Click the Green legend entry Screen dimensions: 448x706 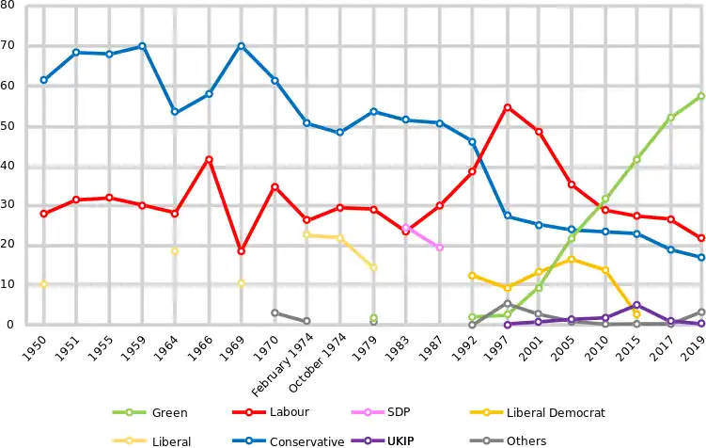tap(169, 412)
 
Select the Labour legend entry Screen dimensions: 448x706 tap(289, 412)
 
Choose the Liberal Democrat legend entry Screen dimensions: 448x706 tap(555, 412)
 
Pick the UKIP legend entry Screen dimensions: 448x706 tap(394, 440)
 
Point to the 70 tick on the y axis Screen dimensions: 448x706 tap(7, 45)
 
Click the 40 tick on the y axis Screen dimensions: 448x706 tap(7, 166)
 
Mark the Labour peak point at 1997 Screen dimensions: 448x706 tap(508, 107)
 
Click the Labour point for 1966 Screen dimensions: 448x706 tap(209, 159)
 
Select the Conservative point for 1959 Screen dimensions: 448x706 tap(142, 46)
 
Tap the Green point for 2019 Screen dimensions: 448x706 tap(701, 96)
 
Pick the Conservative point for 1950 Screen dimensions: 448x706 tap(43, 80)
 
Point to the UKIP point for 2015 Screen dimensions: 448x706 tap(636, 305)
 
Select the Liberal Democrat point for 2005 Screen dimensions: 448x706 tap(571, 259)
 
